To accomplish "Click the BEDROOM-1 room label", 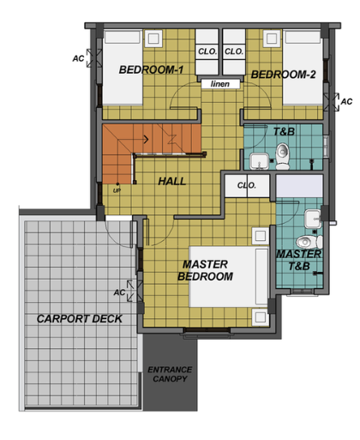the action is click(151, 69).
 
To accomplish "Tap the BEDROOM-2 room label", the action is click(283, 75).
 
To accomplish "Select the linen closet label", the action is click(220, 84).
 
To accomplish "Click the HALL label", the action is click(172, 181).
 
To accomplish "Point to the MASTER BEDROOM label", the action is click(205, 270).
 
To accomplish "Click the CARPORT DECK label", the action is click(80, 319).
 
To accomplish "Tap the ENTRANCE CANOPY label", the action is click(170, 374).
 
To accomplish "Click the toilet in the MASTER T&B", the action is click(309, 242).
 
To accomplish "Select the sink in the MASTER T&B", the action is click(313, 219).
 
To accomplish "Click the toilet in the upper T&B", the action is click(283, 156).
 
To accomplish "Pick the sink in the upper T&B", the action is click(259, 161).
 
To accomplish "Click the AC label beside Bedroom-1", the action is click(78, 58).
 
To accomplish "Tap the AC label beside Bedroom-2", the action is click(346, 101).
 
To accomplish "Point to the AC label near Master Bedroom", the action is click(119, 292).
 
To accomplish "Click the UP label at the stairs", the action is click(117, 190).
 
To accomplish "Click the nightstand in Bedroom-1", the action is click(153, 39).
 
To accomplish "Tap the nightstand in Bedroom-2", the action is click(272, 38).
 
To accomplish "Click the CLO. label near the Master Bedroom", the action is click(247, 185).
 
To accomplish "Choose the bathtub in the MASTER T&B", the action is click(299, 186).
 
